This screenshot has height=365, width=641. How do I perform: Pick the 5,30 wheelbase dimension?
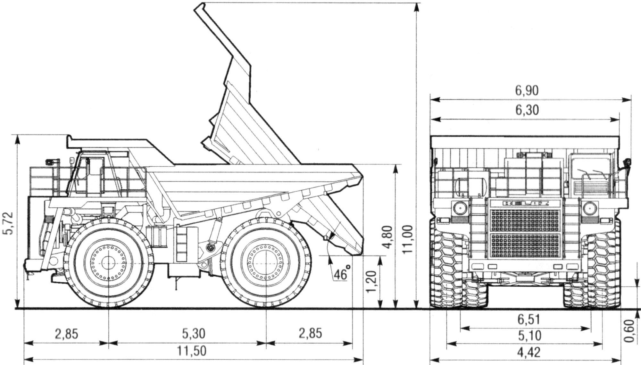(x=194, y=334)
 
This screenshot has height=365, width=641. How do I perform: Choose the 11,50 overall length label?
(x=194, y=351)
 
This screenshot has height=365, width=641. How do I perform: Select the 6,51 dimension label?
(x=529, y=319)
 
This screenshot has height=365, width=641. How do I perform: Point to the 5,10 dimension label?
(x=529, y=336)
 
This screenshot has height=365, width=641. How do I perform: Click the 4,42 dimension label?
(x=529, y=353)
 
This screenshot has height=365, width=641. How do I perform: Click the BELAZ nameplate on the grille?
(x=525, y=203)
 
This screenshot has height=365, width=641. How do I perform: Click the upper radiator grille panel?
(x=525, y=221)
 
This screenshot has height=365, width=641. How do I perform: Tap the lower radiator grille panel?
(x=525, y=246)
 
